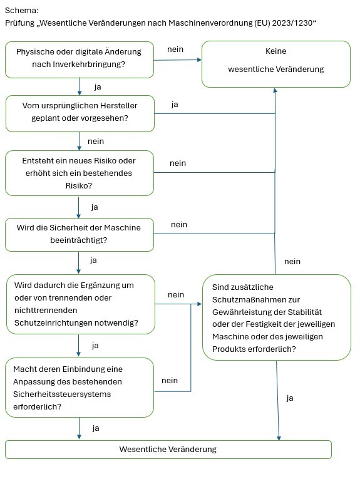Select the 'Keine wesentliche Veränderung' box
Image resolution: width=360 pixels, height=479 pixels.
(x=275, y=63)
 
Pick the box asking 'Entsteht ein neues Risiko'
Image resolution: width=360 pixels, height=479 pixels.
(x=79, y=173)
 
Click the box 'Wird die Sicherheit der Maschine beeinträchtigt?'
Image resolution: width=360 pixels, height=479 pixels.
(x=79, y=234)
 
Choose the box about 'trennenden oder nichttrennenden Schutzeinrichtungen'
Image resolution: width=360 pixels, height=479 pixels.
(x=79, y=304)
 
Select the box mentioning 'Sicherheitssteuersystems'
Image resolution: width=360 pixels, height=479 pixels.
(x=79, y=387)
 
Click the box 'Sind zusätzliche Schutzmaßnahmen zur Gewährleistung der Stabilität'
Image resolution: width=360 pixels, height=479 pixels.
(x=276, y=317)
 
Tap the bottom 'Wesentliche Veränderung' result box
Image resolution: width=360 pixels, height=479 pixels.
(x=168, y=450)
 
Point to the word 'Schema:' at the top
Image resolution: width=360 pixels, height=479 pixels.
(x=21, y=11)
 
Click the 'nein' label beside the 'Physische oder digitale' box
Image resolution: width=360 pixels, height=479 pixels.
(x=175, y=49)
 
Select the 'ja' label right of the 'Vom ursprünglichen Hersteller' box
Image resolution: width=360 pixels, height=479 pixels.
(x=175, y=105)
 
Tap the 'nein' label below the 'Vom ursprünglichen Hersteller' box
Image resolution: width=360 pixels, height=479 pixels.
(x=96, y=141)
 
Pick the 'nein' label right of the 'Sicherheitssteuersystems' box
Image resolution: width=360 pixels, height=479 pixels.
(x=170, y=380)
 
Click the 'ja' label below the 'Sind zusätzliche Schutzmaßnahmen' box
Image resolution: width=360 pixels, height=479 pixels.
(x=290, y=398)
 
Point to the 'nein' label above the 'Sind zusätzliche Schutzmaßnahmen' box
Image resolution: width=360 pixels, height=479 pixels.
(x=292, y=261)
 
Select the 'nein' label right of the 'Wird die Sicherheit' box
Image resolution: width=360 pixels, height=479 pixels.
(x=179, y=224)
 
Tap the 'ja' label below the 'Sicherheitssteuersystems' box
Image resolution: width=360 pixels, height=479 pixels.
(x=96, y=428)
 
